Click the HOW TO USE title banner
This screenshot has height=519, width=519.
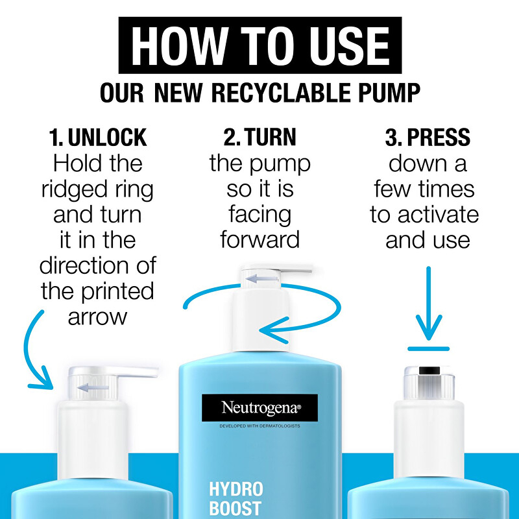click(259, 45)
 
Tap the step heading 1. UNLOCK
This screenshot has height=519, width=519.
click(98, 138)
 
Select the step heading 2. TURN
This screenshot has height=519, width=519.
click(259, 138)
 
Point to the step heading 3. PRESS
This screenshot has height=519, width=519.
click(428, 138)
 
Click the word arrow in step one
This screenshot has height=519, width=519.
click(98, 317)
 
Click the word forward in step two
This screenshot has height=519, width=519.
click(259, 240)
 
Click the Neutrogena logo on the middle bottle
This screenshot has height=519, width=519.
click(259, 408)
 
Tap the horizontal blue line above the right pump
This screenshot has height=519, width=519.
click(428, 348)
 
